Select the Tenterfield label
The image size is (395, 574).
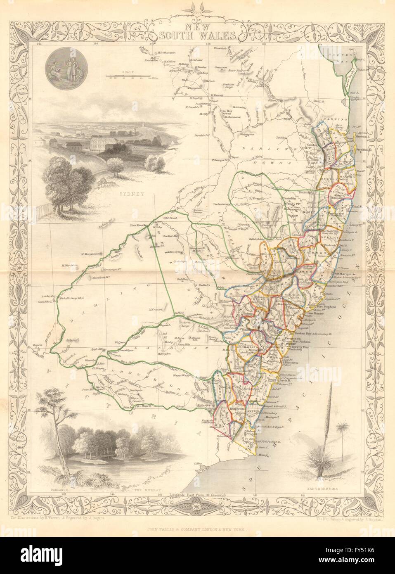[x=305, y=192]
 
